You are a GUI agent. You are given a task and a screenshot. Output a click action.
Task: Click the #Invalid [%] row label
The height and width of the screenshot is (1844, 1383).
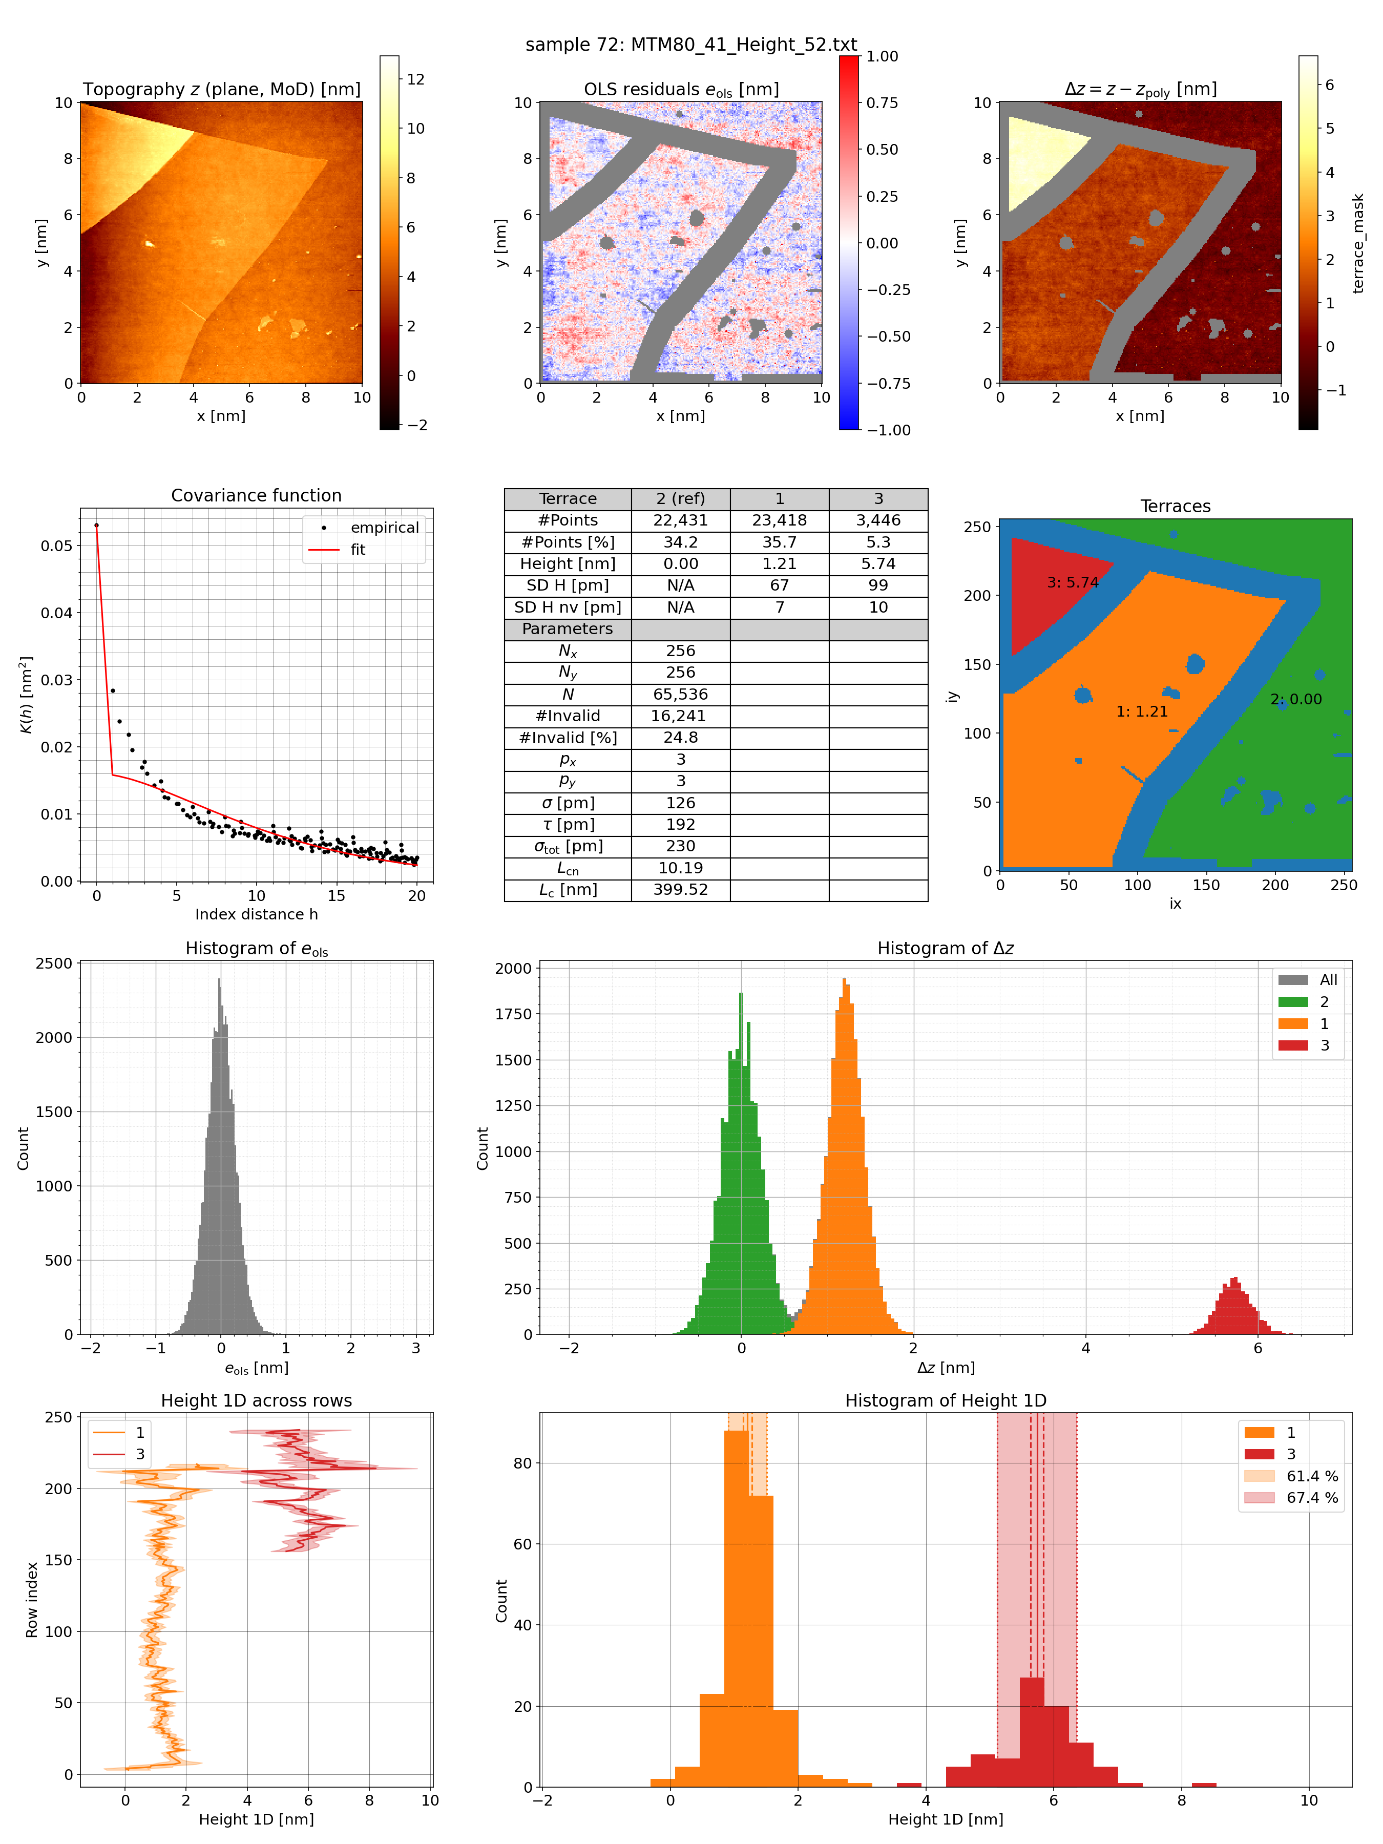point(568,738)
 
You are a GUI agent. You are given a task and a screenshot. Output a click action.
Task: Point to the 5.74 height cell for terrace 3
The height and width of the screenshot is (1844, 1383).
point(878,563)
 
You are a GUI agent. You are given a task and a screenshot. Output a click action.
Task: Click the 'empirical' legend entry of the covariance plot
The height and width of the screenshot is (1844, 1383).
point(384,528)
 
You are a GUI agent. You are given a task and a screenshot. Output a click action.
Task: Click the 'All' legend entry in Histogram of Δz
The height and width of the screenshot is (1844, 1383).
point(1328,979)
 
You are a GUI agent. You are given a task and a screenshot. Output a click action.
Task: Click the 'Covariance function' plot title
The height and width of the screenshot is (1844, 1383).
point(256,495)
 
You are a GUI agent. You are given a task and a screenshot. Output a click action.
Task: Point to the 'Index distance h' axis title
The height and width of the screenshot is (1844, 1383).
point(256,914)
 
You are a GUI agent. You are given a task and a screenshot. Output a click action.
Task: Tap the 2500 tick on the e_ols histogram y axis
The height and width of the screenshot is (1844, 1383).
point(54,963)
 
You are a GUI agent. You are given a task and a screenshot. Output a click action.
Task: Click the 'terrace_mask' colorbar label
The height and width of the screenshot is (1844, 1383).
point(1358,243)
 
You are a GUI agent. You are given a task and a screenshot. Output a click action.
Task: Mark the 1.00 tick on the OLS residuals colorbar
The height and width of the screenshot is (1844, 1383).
point(882,57)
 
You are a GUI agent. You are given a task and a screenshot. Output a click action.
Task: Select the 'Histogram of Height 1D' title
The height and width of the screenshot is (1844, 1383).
point(946,1400)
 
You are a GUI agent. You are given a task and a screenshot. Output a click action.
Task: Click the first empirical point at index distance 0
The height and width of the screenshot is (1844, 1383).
point(97,525)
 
